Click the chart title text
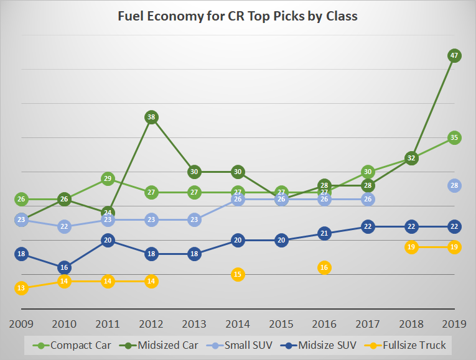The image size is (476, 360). [x=238, y=16]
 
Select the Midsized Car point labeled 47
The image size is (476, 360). [x=454, y=55]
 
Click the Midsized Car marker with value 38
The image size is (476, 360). [x=151, y=117]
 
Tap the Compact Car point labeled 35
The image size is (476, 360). [x=454, y=137]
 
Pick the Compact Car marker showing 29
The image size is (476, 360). [x=108, y=178]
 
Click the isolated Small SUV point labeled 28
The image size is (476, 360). [x=454, y=185]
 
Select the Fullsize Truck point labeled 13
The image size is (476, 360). [x=21, y=288]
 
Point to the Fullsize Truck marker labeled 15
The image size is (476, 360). [x=238, y=274]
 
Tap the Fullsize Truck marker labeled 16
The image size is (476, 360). [x=324, y=267]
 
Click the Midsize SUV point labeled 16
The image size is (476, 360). [x=65, y=267]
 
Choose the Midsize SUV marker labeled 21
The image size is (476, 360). [x=324, y=233]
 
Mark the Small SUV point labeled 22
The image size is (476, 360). [x=65, y=226]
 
